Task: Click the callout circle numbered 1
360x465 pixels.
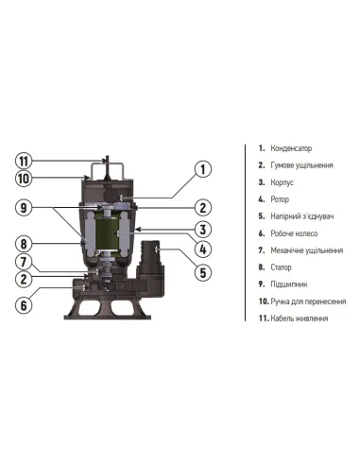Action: click(x=201, y=170)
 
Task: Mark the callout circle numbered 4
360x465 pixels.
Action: click(x=201, y=250)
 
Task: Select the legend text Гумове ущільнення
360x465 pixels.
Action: click(x=302, y=165)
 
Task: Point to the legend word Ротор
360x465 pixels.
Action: click(x=282, y=199)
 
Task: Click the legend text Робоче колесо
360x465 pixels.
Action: click(x=296, y=233)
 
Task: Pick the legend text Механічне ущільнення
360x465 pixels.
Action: click(x=307, y=250)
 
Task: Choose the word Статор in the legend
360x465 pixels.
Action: click(x=283, y=267)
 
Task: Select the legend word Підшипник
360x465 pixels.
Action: click(x=289, y=284)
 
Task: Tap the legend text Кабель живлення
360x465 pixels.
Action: click(x=300, y=319)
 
